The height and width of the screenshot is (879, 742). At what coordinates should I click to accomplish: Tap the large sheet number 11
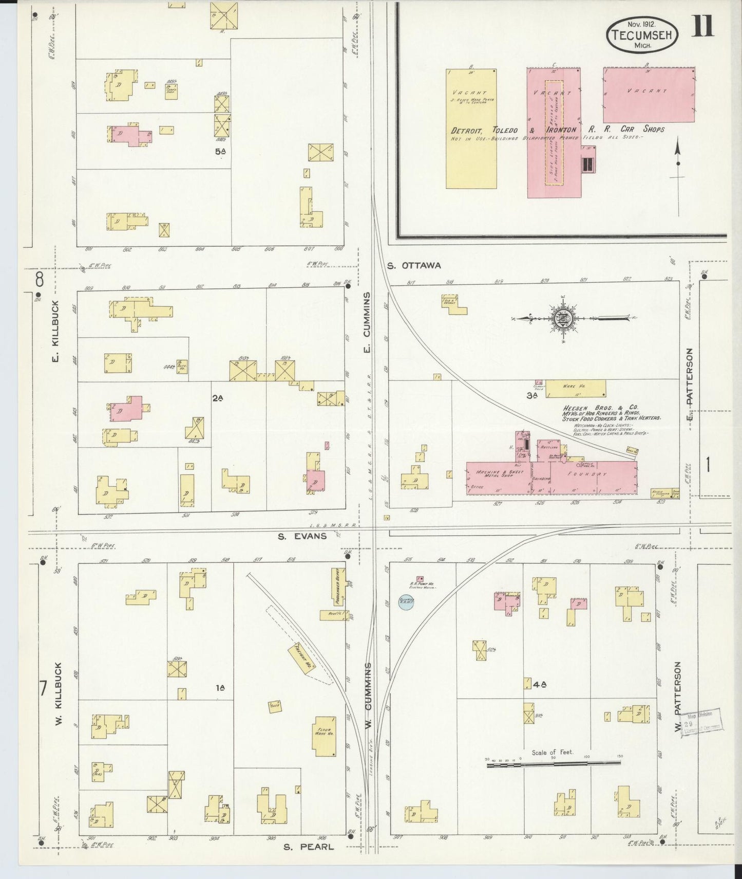point(702,27)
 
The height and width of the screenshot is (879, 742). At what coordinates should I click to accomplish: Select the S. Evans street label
point(302,536)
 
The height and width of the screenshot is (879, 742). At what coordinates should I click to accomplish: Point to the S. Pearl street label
point(309,847)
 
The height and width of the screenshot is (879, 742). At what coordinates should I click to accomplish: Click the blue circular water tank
point(406,602)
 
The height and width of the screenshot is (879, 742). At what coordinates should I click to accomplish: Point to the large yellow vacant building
point(471,129)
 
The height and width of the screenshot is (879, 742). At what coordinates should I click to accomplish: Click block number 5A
point(221,152)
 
